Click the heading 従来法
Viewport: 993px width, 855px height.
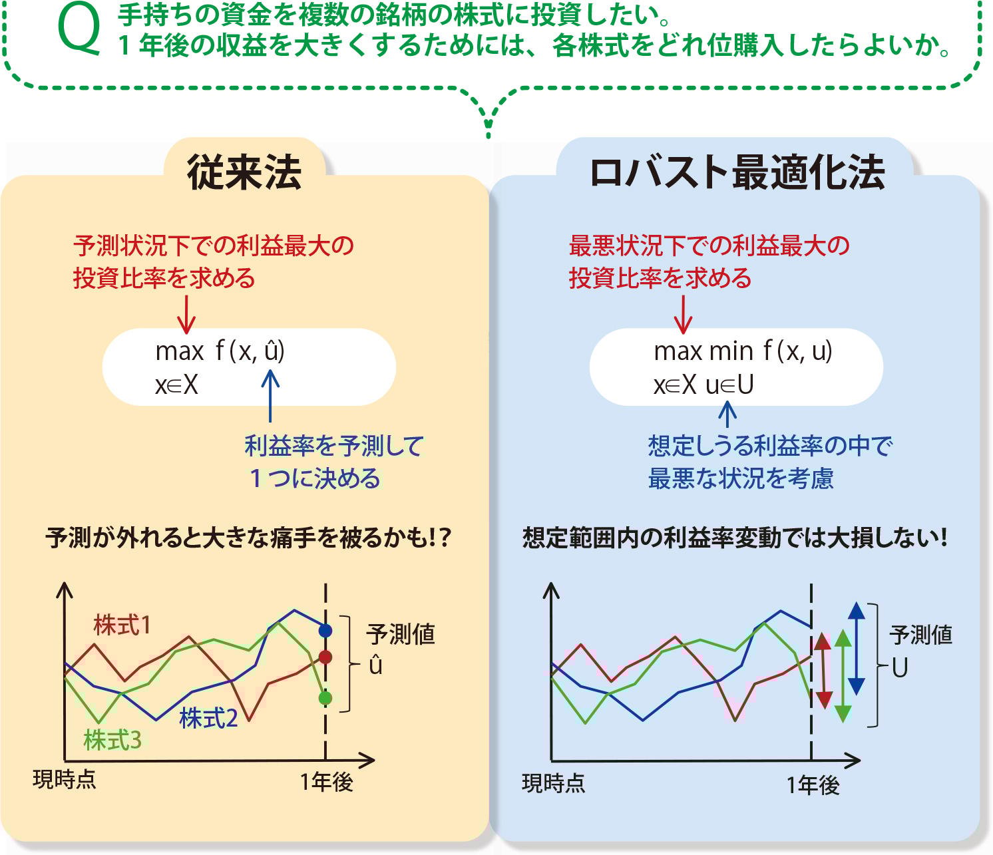pos(244,172)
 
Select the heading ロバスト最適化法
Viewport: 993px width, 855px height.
pos(737,172)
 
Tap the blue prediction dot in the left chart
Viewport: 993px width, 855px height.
pos(325,629)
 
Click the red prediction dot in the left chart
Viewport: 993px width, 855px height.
pos(325,657)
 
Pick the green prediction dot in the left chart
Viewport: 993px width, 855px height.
pos(325,698)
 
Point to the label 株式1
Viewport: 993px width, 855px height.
pos(122,625)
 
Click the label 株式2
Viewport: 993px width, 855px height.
pos(208,718)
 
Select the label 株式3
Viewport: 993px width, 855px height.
pos(112,740)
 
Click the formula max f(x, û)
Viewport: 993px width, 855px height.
pos(220,351)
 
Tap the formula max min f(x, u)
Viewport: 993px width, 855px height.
pos(743,351)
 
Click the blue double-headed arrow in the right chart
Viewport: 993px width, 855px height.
pos(857,649)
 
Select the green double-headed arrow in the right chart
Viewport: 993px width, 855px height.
pos(843,675)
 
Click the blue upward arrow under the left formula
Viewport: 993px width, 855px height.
pos(270,396)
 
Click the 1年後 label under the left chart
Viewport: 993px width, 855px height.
pos(326,782)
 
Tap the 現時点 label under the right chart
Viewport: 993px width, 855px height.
pos(554,783)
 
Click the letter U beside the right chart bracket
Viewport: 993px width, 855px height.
pos(900,667)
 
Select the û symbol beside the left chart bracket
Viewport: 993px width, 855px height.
pos(375,665)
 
